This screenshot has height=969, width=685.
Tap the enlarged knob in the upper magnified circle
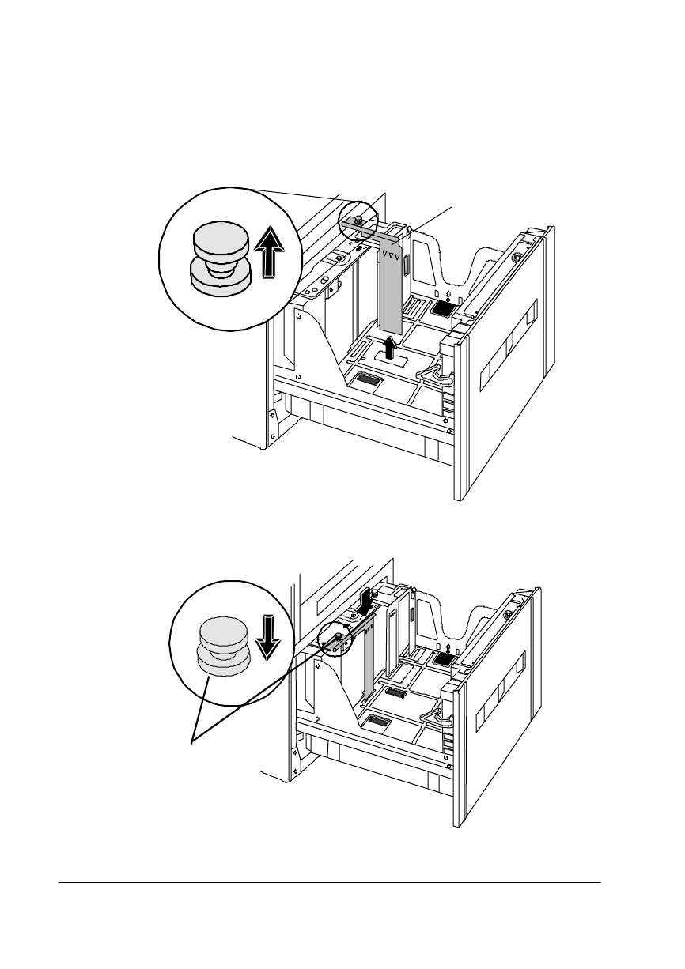point(218,262)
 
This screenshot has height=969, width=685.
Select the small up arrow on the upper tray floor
point(389,348)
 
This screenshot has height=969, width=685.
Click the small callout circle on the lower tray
point(335,639)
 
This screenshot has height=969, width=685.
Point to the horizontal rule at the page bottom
point(330,882)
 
